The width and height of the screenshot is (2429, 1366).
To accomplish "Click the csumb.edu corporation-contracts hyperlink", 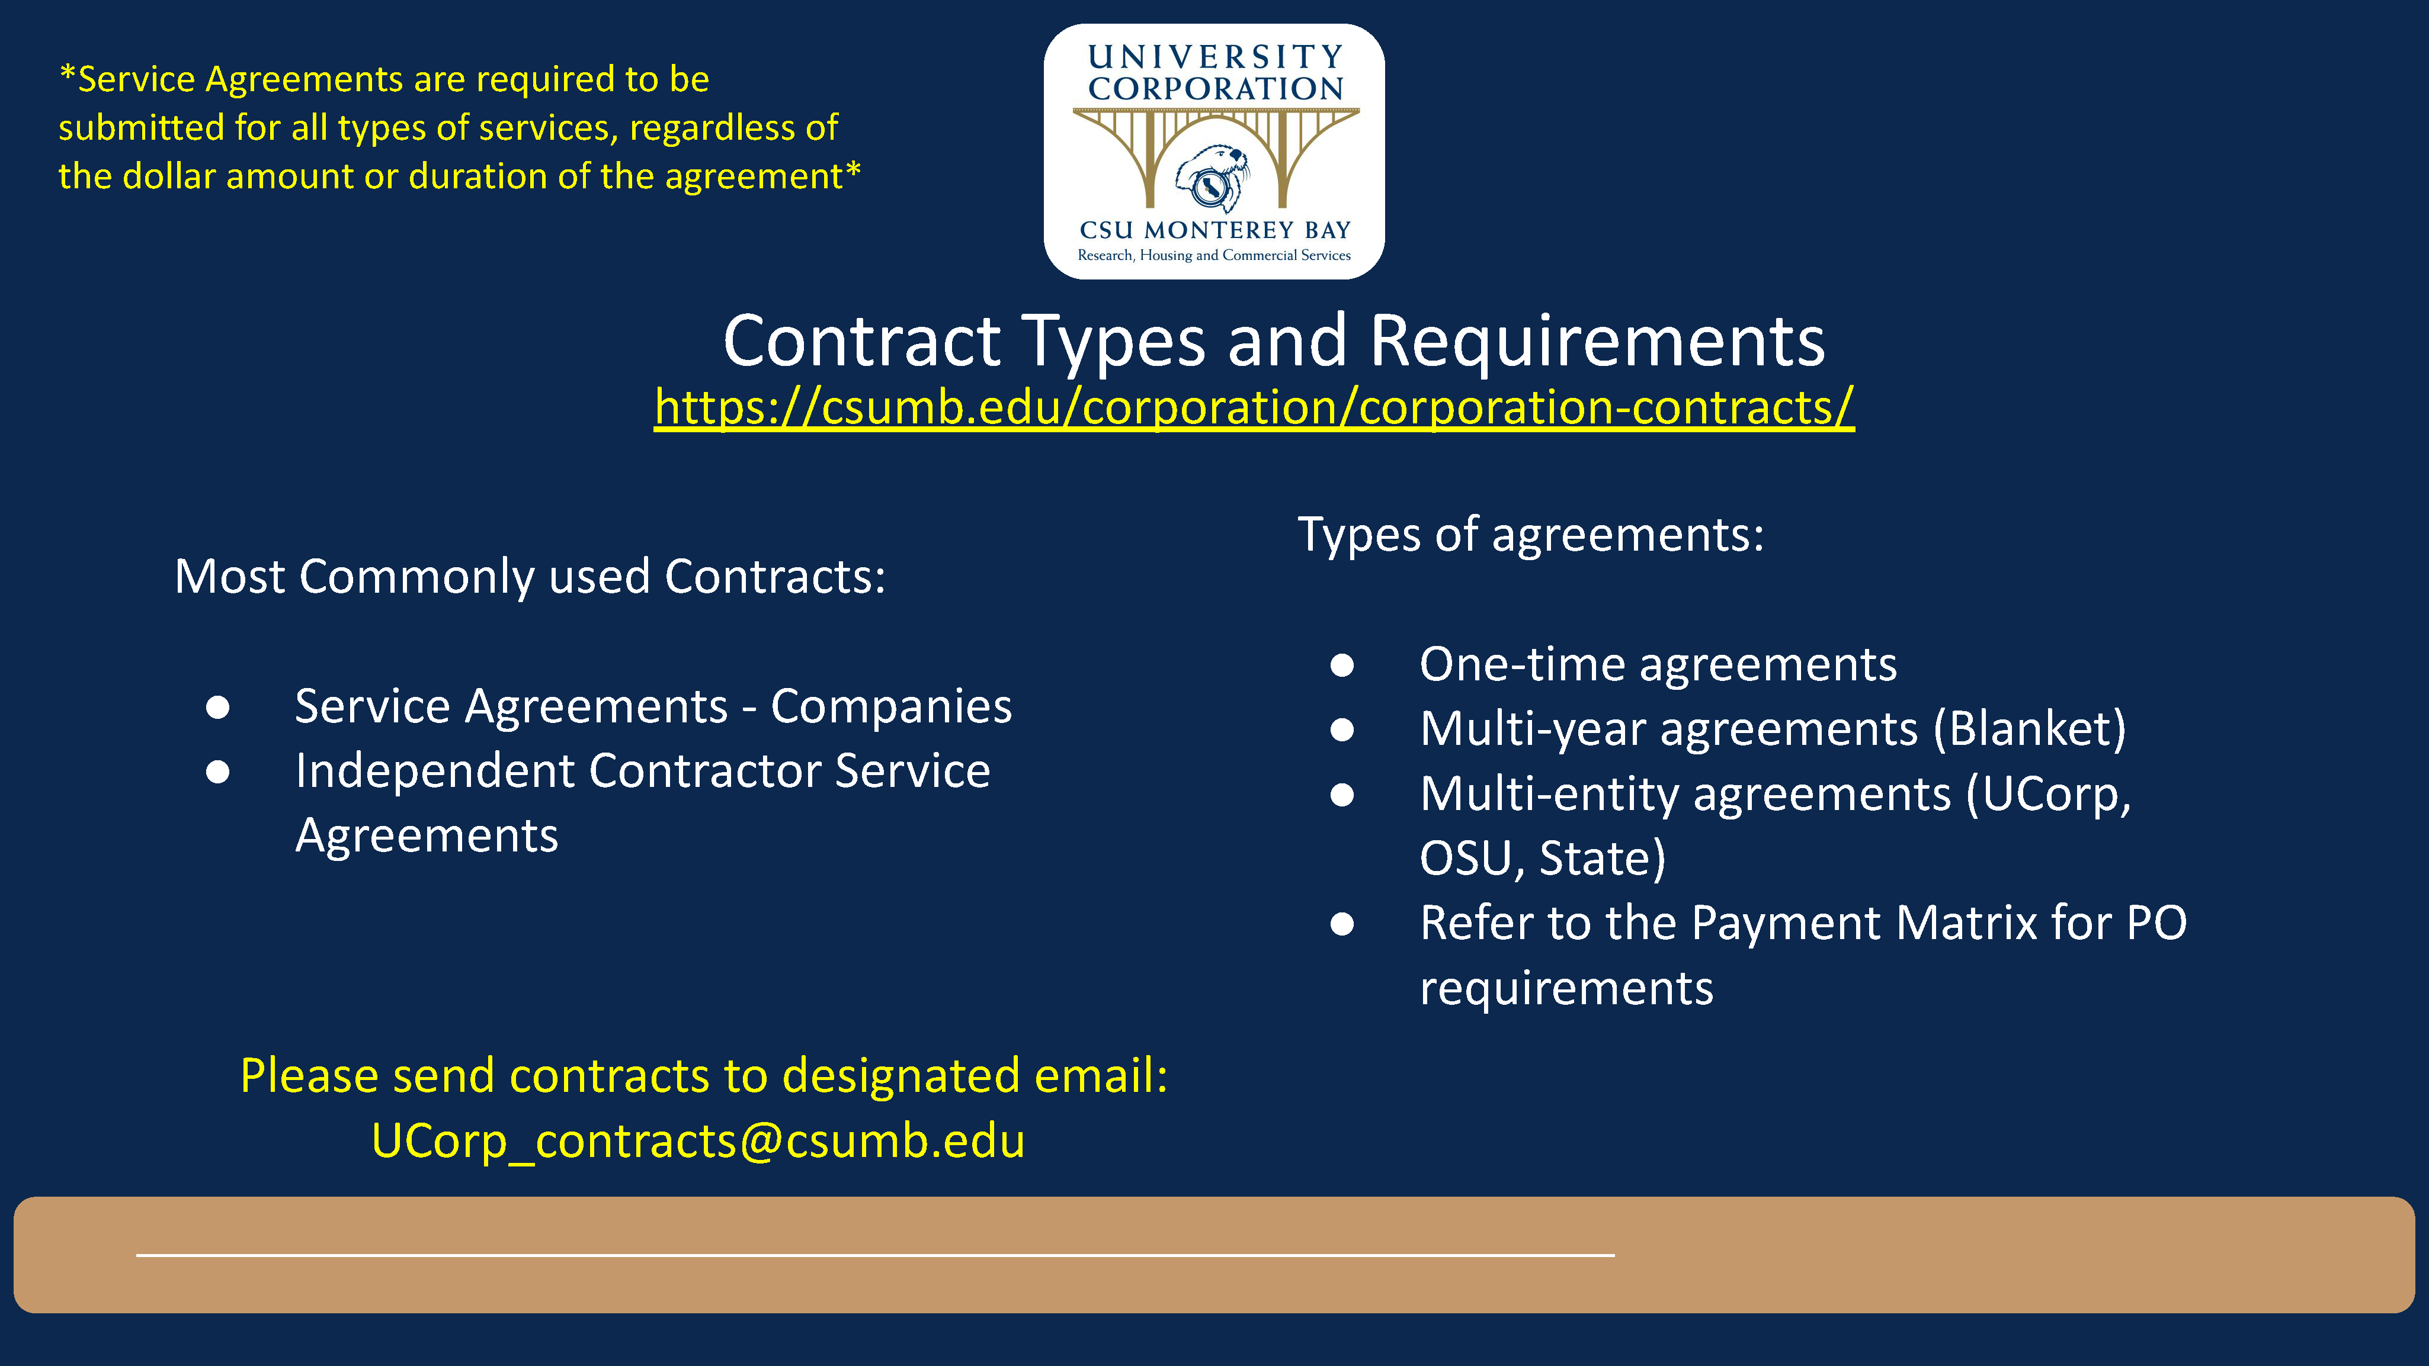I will tap(1254, 407).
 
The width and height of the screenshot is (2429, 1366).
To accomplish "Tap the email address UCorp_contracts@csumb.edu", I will tap(698, 1140).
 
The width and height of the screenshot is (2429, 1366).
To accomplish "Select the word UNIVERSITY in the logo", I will tap(1216, 57).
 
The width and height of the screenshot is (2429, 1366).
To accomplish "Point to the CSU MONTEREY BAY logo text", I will tap(1214, 230).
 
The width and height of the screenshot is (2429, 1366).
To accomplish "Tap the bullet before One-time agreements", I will tap(1342, 666).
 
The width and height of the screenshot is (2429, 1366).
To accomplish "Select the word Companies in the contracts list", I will tap(891, 706).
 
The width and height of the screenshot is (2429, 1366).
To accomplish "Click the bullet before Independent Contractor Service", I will tap(218, 772).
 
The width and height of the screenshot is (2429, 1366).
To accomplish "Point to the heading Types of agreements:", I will tap(1530, 535).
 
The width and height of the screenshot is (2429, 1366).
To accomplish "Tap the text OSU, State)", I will tap(1543, 858).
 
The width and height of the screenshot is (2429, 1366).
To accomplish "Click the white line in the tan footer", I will tap(875, 1255).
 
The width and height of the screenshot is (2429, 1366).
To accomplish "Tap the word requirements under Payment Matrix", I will tap(1566, 988).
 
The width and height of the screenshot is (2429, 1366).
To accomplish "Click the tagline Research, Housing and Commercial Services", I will tap(1214, 255).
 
